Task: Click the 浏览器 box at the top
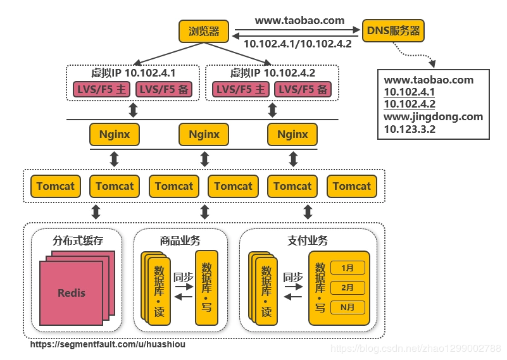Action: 204,30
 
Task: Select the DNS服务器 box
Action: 393,30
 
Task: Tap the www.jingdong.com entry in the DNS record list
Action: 433,116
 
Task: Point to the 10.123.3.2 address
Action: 410,129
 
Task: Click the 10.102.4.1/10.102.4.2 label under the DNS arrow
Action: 297,44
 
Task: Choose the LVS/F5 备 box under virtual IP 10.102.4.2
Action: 303,90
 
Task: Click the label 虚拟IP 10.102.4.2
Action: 272,73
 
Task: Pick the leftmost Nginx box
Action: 115,134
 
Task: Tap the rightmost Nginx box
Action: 292,134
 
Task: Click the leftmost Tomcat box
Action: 55,186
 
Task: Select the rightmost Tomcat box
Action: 351,186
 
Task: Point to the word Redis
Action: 72,293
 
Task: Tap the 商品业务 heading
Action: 180,240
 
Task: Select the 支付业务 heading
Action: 308,240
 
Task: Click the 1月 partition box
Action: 347,268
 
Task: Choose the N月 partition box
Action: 347,307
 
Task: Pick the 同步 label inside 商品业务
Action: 184,277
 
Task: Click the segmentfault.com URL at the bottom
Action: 108,345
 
